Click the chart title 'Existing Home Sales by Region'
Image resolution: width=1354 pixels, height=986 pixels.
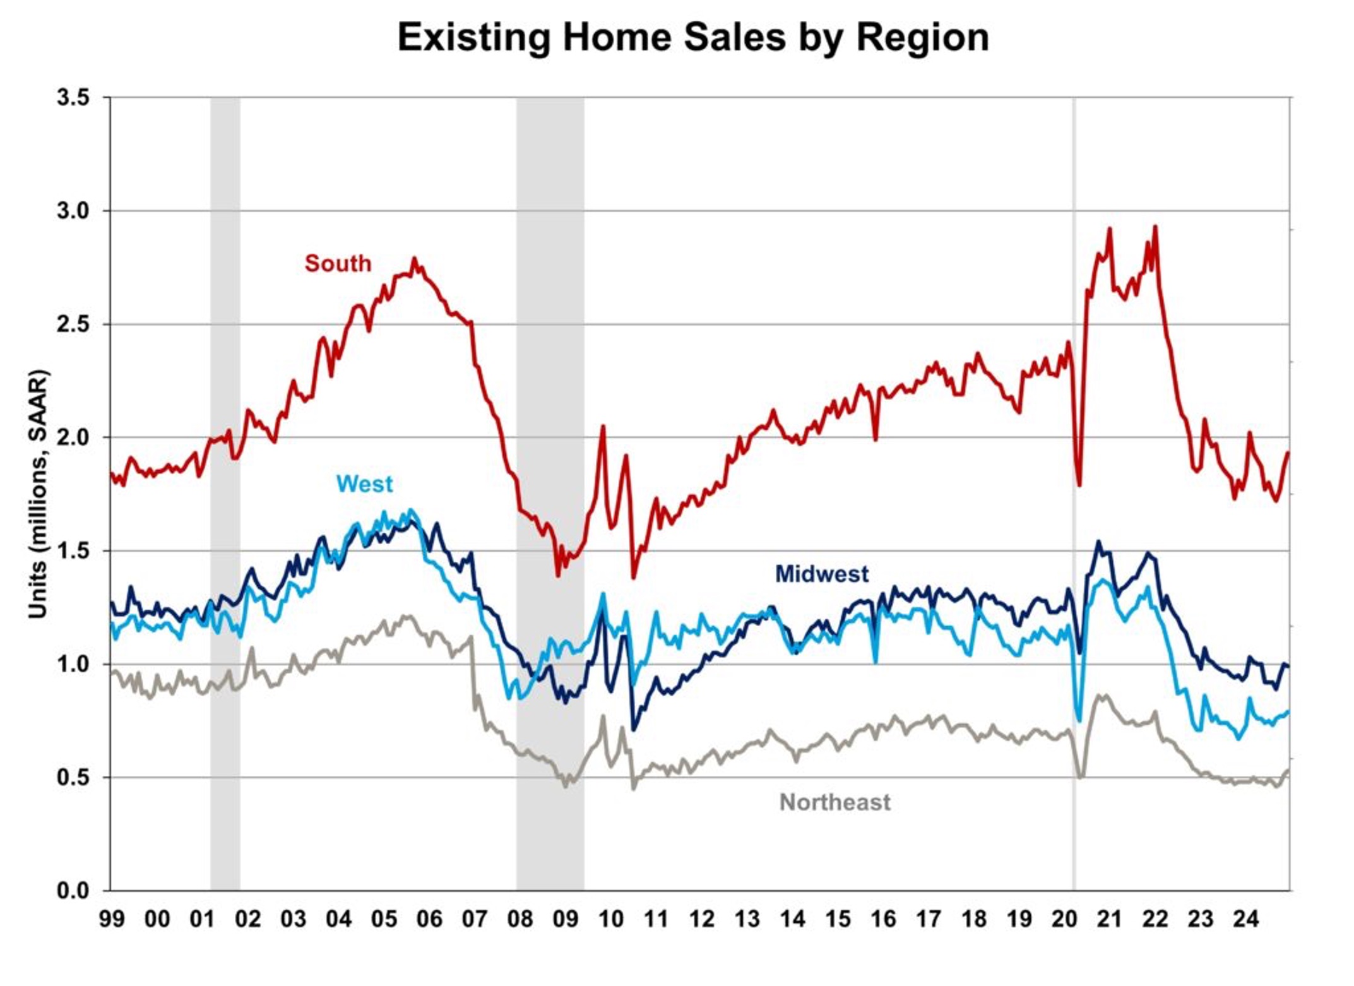692,38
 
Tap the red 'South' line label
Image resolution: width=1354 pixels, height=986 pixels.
338,263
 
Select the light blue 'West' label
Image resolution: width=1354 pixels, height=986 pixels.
364,484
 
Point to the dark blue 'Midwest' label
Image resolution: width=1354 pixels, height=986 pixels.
821,574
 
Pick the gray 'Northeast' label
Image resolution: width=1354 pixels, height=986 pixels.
834,802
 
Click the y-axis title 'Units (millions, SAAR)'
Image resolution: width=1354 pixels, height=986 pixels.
38,494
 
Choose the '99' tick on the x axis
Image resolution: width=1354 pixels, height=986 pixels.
112,919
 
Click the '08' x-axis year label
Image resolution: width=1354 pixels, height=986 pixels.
520,919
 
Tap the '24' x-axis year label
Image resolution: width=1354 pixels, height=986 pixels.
1245,919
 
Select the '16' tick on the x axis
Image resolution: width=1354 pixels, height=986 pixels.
882,919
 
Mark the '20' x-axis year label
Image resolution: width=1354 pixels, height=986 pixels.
1064,919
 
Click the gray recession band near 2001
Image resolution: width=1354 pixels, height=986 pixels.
225,492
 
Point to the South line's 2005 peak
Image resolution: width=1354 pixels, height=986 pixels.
414,259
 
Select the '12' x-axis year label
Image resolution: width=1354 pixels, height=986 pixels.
701,919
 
